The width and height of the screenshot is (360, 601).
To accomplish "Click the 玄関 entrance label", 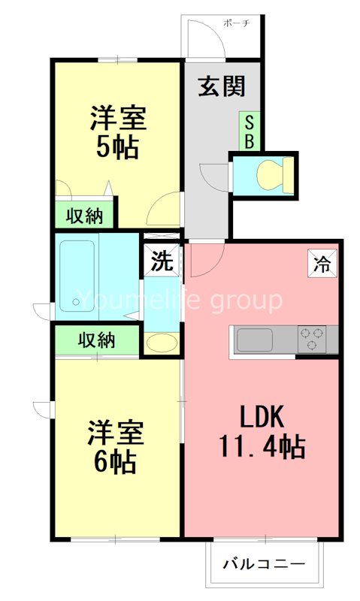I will pyautogui.click(x=222, y=87).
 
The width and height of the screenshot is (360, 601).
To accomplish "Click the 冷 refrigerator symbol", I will pyautogui.click(x=322, y=264).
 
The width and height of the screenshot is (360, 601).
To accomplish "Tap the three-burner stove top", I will pyautogui.click(x=317, y=340).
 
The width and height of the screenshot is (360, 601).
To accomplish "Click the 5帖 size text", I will pyautogui.click(x=116, y=148).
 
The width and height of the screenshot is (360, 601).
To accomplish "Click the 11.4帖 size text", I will pyautogui.click(x=262, y=448).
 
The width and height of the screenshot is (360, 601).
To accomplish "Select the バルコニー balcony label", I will pyautogui.click(x=265, y=563).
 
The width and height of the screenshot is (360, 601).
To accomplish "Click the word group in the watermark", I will pyautogui.click(x=245, y=301).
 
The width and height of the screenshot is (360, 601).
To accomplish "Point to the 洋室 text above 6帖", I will pyautogui.click(x=114, y=433).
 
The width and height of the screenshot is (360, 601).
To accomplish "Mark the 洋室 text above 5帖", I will pyautogui.click(x=118, y=118).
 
